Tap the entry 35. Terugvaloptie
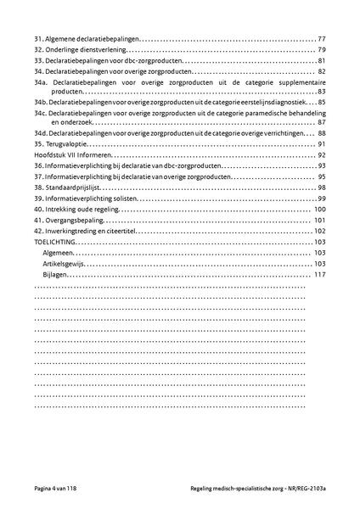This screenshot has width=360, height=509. point(58,145)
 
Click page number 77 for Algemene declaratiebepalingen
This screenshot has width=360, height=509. point(322,40)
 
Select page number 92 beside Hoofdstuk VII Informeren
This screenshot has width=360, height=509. point(322,156)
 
